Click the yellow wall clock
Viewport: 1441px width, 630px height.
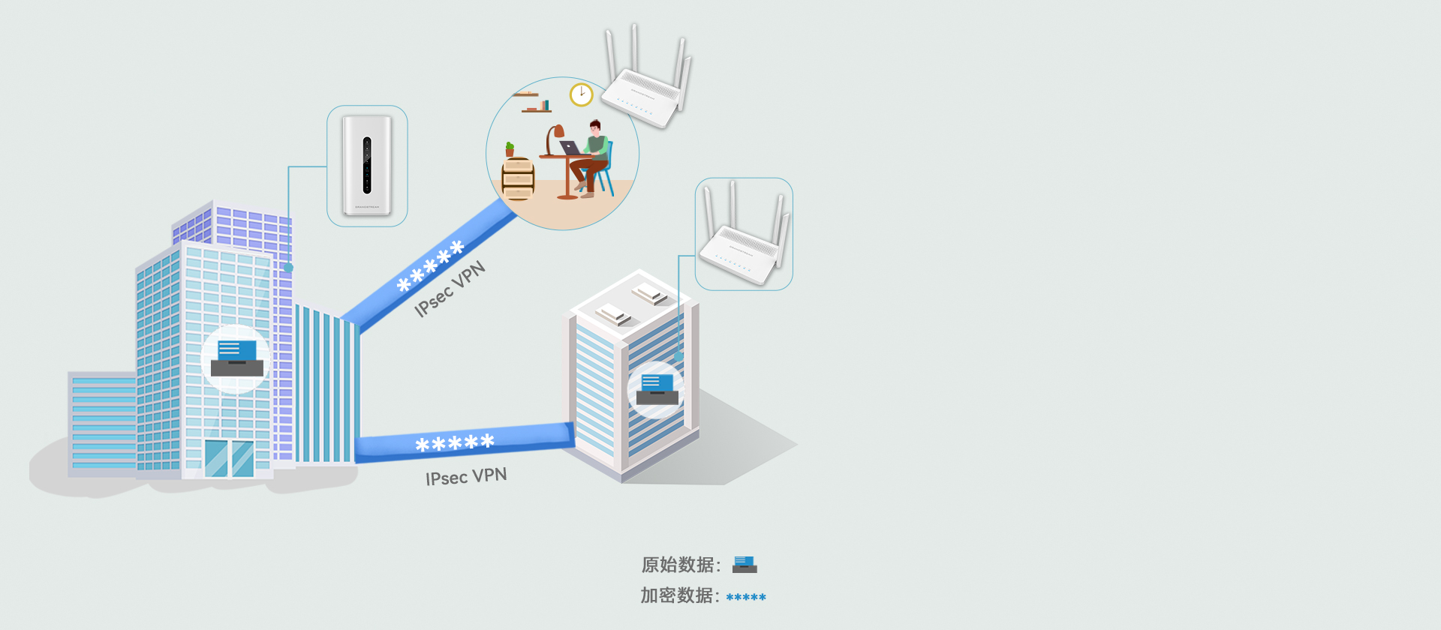point(581,94)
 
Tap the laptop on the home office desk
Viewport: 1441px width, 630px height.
point(570,148)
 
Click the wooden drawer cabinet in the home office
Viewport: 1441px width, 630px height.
point(518,180)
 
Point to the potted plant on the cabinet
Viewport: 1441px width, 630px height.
point(510,149)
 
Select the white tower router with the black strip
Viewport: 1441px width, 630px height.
point(367,165)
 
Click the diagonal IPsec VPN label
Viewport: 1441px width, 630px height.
point(450,289)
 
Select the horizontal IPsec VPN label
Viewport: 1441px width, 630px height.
point(466,476)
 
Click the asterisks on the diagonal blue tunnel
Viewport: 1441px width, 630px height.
point(431,266)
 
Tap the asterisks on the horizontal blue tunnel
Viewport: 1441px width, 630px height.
point(455,443)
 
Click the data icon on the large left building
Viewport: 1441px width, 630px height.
point(237,358)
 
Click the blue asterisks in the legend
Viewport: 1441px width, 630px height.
point(746,597)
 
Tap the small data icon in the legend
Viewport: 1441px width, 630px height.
point(745,564)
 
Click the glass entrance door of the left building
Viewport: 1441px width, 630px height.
point(229,458)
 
